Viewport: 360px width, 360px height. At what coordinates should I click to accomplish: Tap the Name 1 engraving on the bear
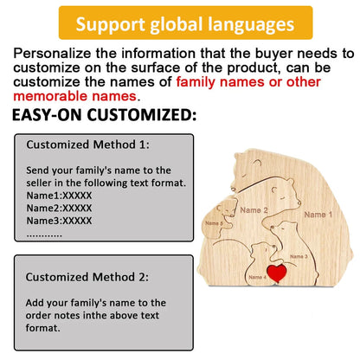317,214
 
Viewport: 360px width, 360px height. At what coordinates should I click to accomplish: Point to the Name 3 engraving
299,256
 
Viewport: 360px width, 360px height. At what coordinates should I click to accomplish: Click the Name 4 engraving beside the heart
257,277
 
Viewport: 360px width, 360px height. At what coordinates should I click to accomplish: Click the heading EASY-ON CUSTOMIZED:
105,114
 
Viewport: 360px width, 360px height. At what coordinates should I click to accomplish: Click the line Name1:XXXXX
59,196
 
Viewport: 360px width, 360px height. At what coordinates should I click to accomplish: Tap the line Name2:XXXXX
59,208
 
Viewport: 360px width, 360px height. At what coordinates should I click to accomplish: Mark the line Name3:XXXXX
59,221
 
